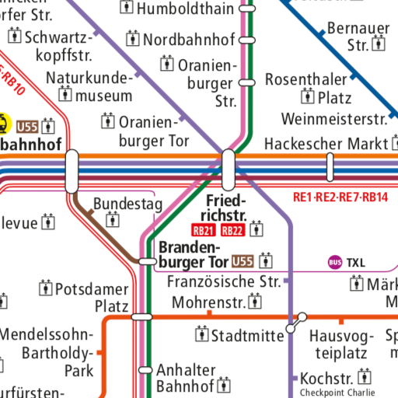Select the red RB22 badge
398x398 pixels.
click(x=232, y=230)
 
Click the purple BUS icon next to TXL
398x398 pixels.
click(x=335, y=263)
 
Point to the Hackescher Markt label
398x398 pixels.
click(x=325, y=144)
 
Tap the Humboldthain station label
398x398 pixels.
click(x=184, y=9)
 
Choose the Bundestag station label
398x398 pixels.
click(x=127, y=204)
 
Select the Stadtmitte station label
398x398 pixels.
click(x=249, y=336)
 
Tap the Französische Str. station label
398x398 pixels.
click(x=224, y=281)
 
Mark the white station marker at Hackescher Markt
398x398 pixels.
click(x=330, y=166)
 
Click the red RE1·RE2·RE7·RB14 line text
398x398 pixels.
click(x=340, y=197)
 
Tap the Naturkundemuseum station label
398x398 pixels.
click(x=89, y=86)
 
